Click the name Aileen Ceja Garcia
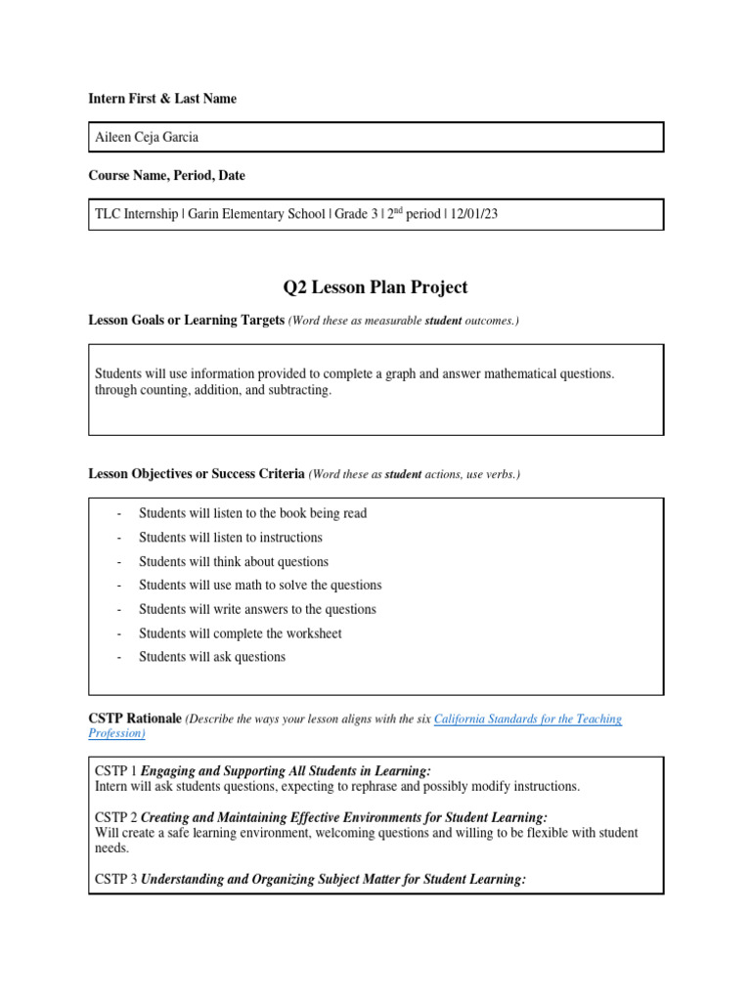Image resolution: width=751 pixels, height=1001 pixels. (x=147, y=138)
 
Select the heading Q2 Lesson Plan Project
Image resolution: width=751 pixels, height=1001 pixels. (x=375, y=287)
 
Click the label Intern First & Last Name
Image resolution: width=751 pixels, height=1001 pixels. (x=162, y=99)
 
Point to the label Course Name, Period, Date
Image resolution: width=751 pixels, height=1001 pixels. (x=167, y=176)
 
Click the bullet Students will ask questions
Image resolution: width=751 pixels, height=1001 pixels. (x=212, y=657)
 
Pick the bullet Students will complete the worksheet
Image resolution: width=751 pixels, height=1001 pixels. (x=241, y=633)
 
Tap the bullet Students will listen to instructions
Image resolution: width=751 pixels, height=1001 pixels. (x=231, y=538)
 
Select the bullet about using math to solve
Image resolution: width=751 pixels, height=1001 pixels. (x=260, y=586)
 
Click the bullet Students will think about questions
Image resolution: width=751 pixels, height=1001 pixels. (x=234, y=562)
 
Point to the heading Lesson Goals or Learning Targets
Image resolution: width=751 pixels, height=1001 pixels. (x=186, y=321)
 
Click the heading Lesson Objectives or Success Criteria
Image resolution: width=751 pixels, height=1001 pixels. (x=197, y=474)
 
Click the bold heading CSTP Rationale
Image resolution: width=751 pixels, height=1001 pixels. (x=135, y=719)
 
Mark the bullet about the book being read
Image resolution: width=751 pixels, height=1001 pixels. (x=252, y=513)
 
